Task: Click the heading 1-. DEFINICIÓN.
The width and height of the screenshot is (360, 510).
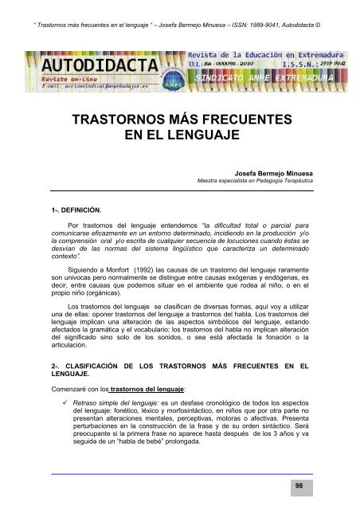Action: click(x=71, y=210)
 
